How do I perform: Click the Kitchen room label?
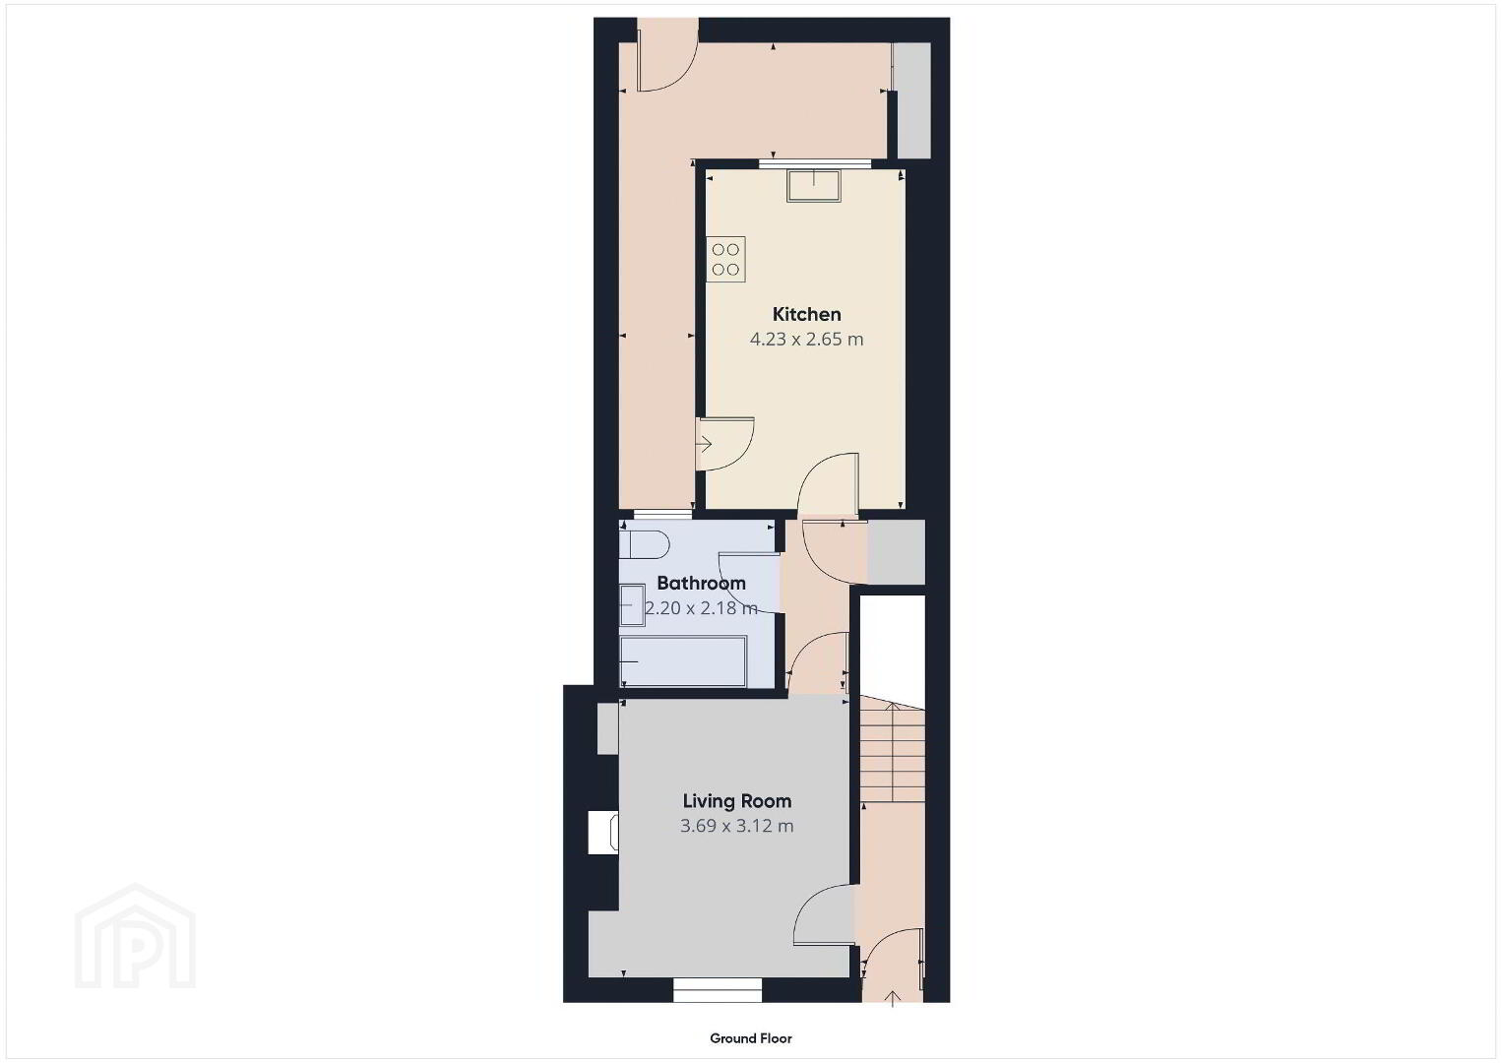tap(806, 314)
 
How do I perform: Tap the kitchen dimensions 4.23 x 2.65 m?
tap(806, 340)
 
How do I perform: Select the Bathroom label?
tap(701, 583)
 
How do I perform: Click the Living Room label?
tap(737, 801)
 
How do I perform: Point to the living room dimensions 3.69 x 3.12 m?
tap(737, 826)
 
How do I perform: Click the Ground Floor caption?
tap(751, 1038)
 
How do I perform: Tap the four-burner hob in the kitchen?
tap(725, 260)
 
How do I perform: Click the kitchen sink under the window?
tap(813, 186)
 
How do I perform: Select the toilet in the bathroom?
tap(645, 545)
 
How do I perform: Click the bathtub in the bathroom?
tap(683, 661)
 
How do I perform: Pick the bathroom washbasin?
tap(632, 605)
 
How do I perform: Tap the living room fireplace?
tap(602, 833)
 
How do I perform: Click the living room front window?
tap(718, 990)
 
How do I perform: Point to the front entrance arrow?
tap(892, 999)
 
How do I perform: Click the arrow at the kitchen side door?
tap(704, 444)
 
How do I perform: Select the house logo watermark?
tap(135, 936)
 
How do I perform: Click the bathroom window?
tap(662, 515)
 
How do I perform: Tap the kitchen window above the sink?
tap(815, 163)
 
